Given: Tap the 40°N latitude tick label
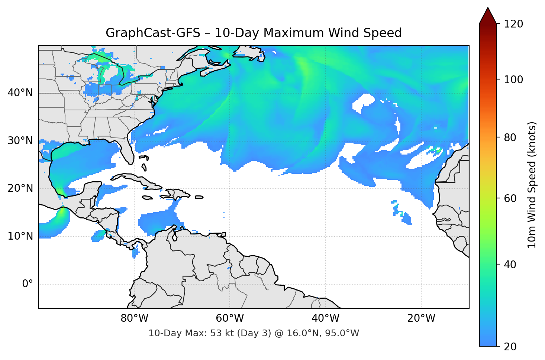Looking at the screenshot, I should tap(20, 93).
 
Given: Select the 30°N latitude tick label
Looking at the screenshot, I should tap(20, 141).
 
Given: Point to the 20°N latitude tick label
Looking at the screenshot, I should tap(20, 188).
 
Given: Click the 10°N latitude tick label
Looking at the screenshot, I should tap(20, 236).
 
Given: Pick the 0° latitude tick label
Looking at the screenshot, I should tap(28, 284).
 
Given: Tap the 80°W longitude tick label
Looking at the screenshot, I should tap(134, 318).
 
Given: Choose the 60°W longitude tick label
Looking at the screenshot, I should tap(230, 318).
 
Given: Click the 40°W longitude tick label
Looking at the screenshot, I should tap(326, 318).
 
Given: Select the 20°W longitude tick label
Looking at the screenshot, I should tap(421, 318).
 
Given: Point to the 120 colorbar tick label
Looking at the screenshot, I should tap(513, 24).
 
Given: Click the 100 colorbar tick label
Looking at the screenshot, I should tap(513, 80).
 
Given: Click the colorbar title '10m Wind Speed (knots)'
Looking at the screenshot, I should tap(532, 185).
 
